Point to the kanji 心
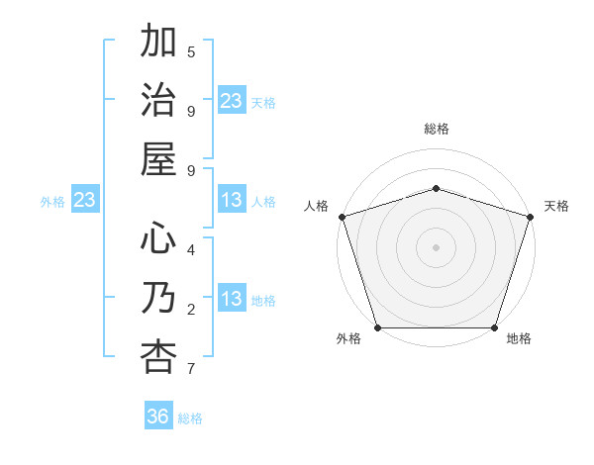(158, 238)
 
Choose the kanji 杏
(158, 356)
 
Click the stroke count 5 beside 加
(191, 51)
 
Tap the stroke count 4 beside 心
(191, 249)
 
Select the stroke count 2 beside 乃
(191, 310)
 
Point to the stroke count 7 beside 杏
(191, 369)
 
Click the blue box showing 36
(158, 417)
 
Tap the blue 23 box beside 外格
(84, 201)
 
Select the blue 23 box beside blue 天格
(232, 101)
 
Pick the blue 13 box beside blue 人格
(232, 201)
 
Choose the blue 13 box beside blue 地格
(232, 300)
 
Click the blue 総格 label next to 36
(190, 418)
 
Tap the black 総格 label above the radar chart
(437, 129)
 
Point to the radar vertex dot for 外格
(378, 327)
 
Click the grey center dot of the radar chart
(437, 246)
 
